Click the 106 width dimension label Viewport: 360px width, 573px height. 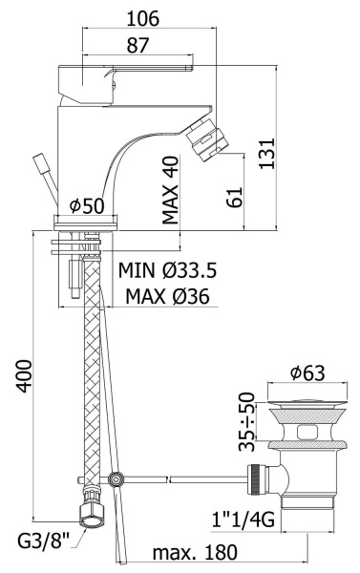[143, 18]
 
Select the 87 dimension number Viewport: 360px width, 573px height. [138, 45]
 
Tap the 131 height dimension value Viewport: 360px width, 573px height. [267, 153]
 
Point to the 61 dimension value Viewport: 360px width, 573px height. [235, 198]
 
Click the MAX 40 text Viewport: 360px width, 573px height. [170, 190]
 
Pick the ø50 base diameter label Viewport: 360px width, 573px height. [87, 205]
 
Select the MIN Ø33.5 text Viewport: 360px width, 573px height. [167, 270]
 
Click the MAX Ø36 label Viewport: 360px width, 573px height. [167, 296]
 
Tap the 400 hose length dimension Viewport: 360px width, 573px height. [25, 376]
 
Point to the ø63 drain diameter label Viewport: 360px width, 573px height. [307, 372]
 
